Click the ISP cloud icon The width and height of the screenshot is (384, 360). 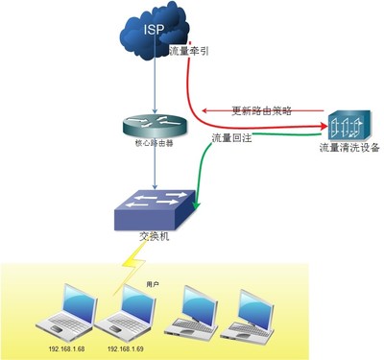pos(154,36)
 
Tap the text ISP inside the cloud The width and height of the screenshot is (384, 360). pos(154,30)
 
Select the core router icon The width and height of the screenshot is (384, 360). pos(154,127)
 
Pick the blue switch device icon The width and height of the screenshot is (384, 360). pos(155,205)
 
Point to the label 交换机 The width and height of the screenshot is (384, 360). pos(154,236)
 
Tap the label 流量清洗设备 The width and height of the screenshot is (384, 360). pos(350,149)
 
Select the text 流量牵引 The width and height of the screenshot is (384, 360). pos(188,52)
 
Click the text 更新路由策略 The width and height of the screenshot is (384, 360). pos(261,110)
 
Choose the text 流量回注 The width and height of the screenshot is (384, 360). pos(231,139)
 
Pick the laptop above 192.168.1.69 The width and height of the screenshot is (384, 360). pos(127,311)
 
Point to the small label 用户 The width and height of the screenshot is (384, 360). pos(152,285)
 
